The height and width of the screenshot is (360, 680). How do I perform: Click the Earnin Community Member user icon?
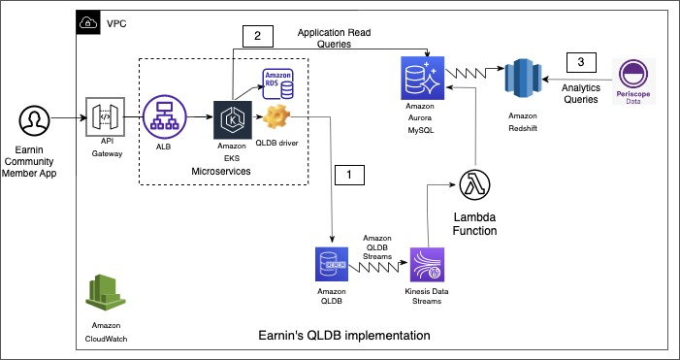coord(34,119)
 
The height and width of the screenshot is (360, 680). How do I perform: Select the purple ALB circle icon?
coord(164,117)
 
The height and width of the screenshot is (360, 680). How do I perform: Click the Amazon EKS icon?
coord(233,120)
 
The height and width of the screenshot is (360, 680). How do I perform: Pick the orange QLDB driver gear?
coord(275,117)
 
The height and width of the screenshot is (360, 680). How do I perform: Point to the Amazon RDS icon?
coord(277,83)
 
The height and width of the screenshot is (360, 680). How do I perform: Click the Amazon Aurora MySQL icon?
coord(423,78)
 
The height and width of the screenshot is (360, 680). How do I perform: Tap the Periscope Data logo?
coord(633,82)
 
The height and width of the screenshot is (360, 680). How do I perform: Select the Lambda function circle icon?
coord(474,185)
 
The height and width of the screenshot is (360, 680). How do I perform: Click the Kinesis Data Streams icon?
coord(428,265)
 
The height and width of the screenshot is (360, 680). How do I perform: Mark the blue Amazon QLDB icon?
coord(332,265)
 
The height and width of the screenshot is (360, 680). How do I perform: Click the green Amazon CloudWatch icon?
coord(106,292)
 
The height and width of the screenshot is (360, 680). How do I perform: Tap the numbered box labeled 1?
coord(349,176)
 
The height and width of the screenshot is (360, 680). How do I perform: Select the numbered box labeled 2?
coord(258,37)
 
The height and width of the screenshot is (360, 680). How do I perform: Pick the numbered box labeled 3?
coord(581,62)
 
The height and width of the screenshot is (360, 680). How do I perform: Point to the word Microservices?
coord(221,172)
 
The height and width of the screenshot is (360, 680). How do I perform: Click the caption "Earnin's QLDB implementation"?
coord(344,336)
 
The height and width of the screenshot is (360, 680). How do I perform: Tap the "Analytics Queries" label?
coord(581,93)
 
